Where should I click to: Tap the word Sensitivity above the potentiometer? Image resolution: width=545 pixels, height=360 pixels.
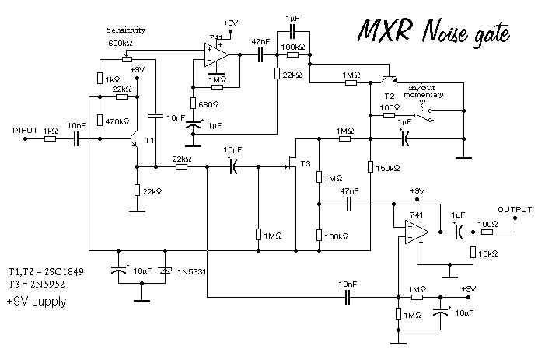click(x=126, y=30)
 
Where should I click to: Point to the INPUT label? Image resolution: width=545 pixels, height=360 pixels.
click(x=25, y=130)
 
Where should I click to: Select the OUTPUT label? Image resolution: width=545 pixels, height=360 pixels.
click(x=515, y=209)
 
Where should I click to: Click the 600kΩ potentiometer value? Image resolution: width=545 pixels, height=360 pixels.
click(x=121, y=43)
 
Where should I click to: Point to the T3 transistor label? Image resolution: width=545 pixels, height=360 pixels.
click(x=304, y=163)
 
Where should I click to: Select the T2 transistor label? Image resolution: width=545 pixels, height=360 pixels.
click(x=390, y=95)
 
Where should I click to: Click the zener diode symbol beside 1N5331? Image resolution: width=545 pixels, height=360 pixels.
click(x=164, y=271)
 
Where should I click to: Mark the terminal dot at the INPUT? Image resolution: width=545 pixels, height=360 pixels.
click(x=25, y=140)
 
